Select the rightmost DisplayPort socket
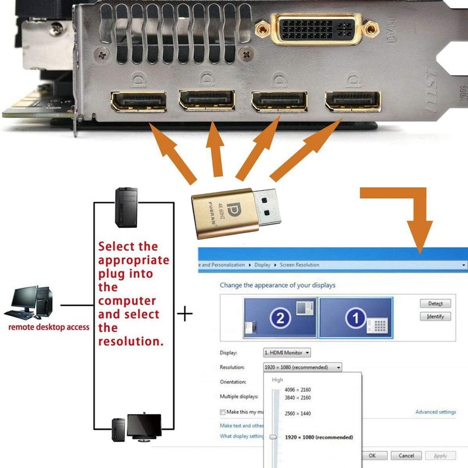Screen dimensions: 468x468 click(353, 101)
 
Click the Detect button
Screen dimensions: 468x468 click(435, 304)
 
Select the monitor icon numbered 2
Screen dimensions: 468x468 click(280, 318)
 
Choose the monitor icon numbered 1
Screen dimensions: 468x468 click(356, 318)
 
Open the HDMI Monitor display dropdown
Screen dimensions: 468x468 click(287, 353)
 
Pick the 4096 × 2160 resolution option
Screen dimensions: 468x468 click(297, 390)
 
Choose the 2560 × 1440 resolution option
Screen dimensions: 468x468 click(297, 414)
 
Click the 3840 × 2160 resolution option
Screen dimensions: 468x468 click(297, 398)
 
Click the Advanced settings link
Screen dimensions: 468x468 click(435, 412)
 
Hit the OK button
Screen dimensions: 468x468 click(372, 456)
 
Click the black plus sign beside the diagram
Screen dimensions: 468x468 click(185, 315)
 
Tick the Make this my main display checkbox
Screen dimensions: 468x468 click(223, 412)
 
